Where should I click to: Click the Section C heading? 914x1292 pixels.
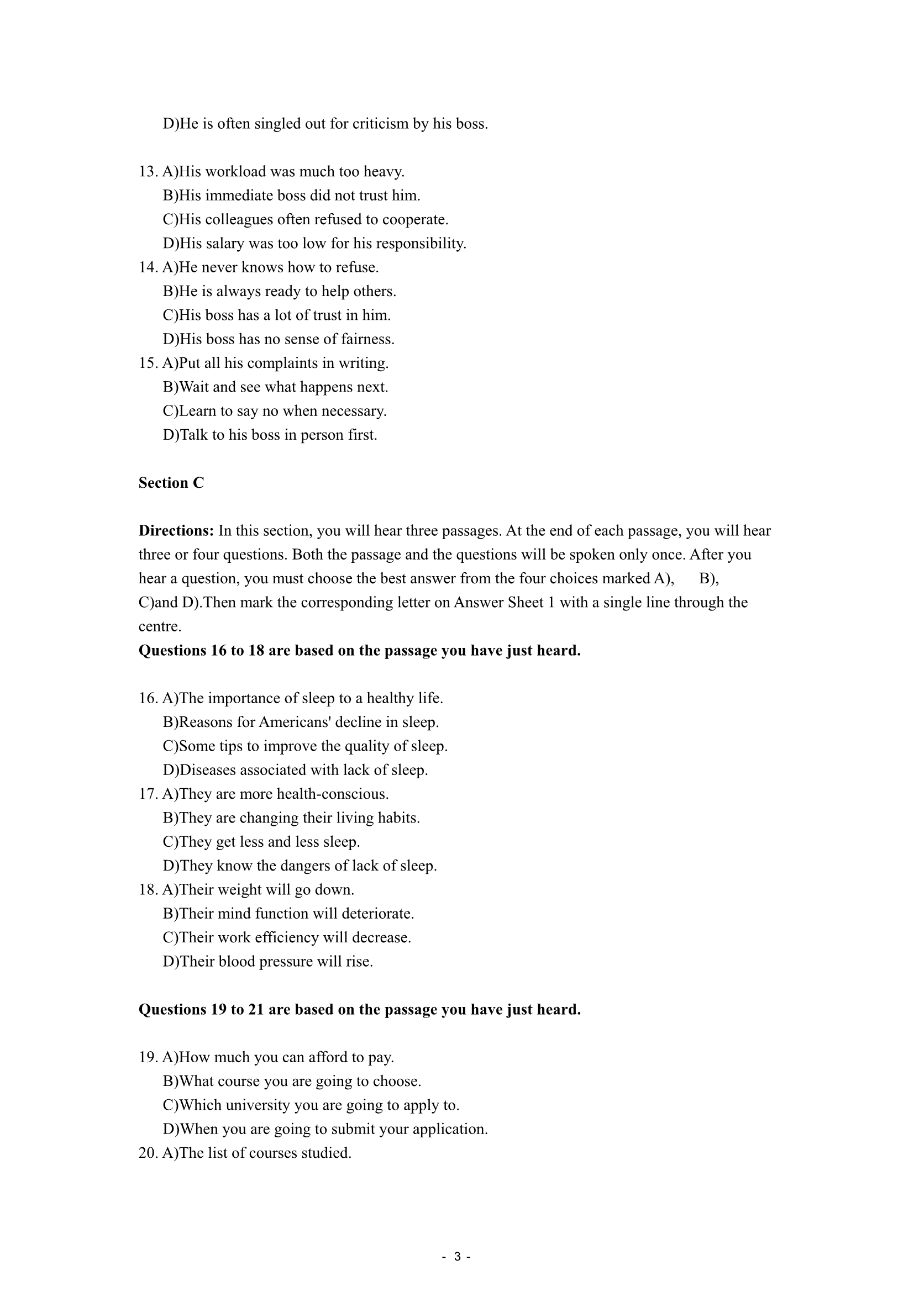click(171, 483)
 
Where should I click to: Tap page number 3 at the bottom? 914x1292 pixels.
click(457, 1257)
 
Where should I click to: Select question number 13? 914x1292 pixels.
click(148, 172)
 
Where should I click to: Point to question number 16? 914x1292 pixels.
click(148, 698)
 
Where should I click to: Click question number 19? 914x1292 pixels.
click(148, 1057)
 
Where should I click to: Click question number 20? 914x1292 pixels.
click(148, 1153)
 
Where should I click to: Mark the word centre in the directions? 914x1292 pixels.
click(160, 627)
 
